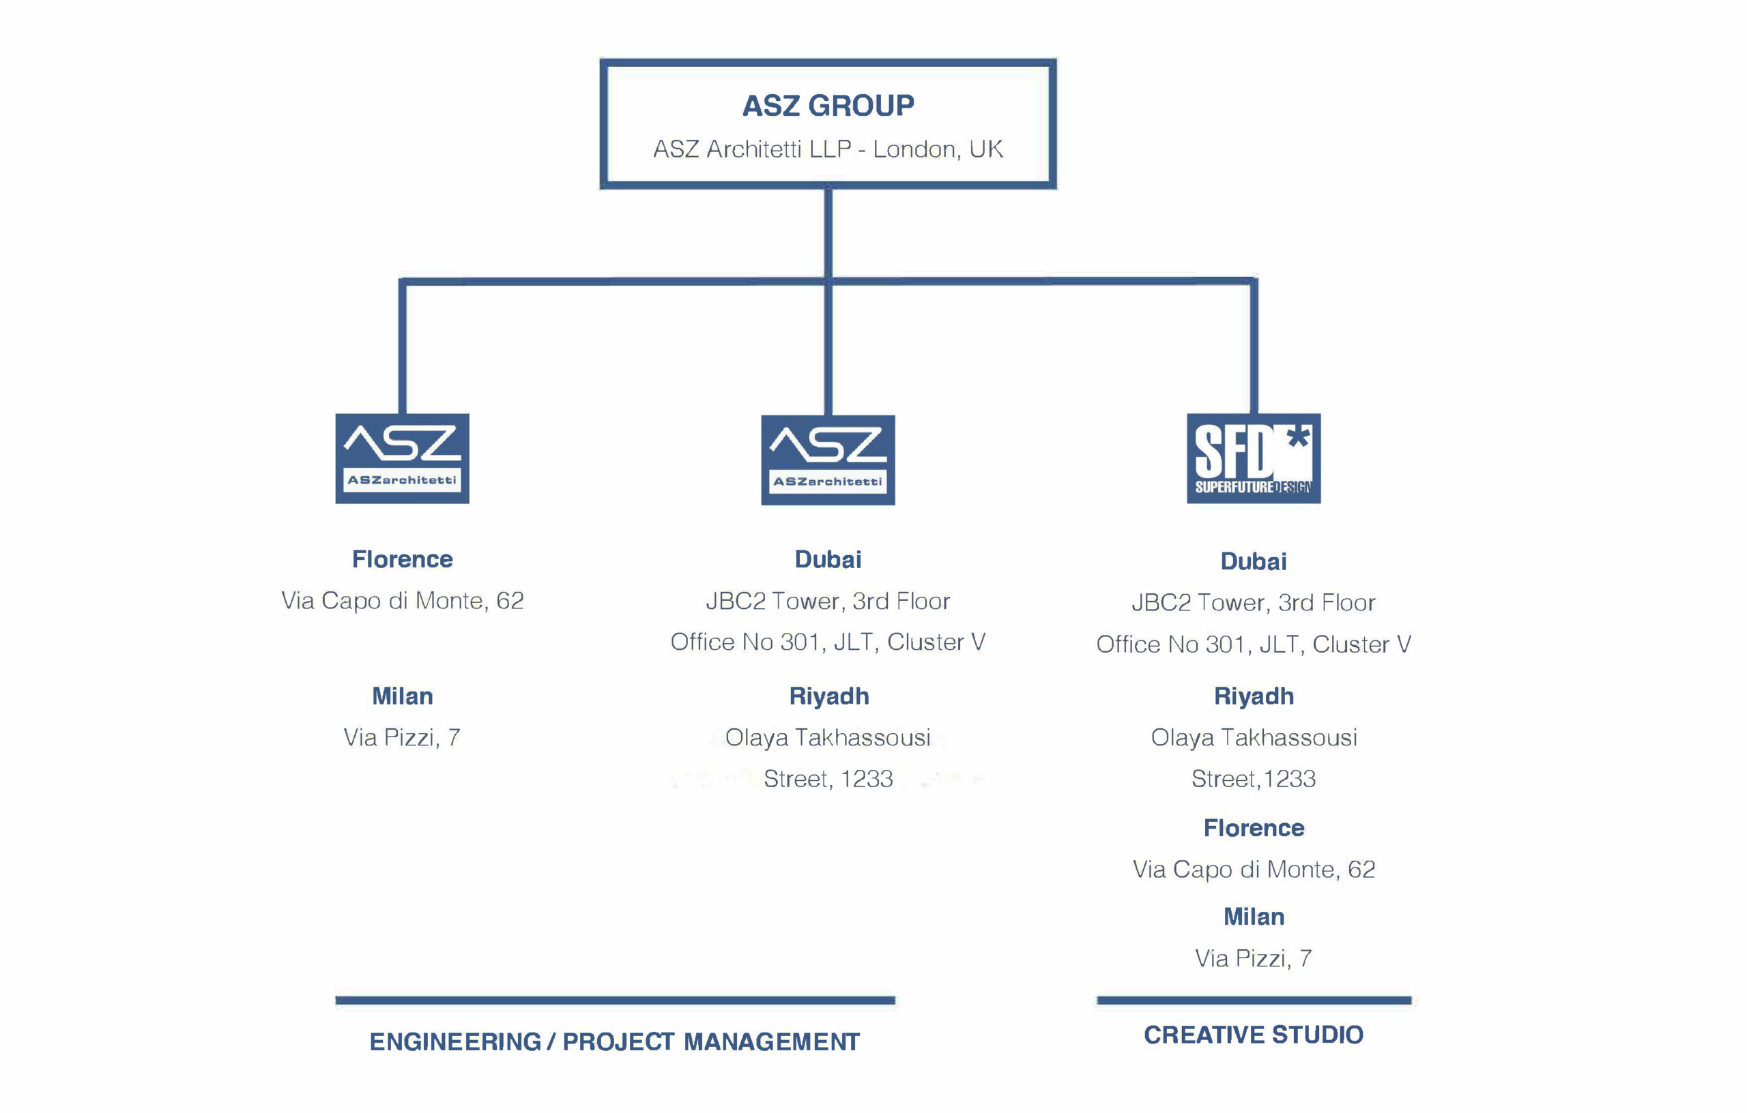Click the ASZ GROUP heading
[828, 106]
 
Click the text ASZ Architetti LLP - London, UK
[828, 149]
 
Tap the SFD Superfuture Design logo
[1253, 458]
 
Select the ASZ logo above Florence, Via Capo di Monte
[402, 458]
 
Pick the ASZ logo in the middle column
[828, 460]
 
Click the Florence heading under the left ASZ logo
[402, 559]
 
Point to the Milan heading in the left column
[402, 696]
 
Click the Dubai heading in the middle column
[828, 559]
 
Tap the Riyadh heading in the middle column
[828, 696]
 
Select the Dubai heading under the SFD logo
[1253, 561]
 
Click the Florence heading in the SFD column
[1254, 828]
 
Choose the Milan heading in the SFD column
[1254, 917]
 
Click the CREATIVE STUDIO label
[1254, 1035]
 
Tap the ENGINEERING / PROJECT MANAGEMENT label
[614, 1042]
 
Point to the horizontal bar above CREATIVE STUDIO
[1254, 1000]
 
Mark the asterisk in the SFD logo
[1298, 436]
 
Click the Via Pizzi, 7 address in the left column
[402, 737]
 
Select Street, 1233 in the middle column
[828, 779]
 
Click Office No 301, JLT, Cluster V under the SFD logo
[1253, 644]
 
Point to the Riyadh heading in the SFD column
[1254, 696]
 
